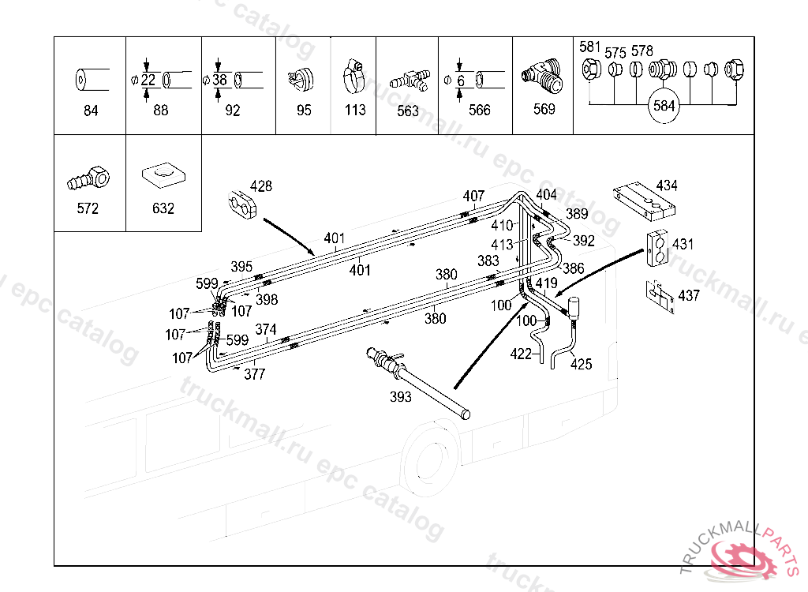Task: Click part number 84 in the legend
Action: [90, 111]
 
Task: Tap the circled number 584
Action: [664, 106]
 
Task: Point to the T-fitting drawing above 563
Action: [409, 79]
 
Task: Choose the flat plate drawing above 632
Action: [163, 174]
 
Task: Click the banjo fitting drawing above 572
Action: [88, 178]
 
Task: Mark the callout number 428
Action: [260, 186]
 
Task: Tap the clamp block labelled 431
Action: [656, 246]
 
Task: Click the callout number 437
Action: [688, 295]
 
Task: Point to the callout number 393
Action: [401, 397]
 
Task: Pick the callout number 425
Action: [582, 364]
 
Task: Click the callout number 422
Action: [521, 354]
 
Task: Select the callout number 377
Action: [254, 375]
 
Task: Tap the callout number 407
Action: [473, 196]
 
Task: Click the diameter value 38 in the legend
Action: [220, 80]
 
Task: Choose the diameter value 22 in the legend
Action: [148, 80]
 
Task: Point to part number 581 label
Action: [589, 47]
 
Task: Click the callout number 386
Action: [573, 268]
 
